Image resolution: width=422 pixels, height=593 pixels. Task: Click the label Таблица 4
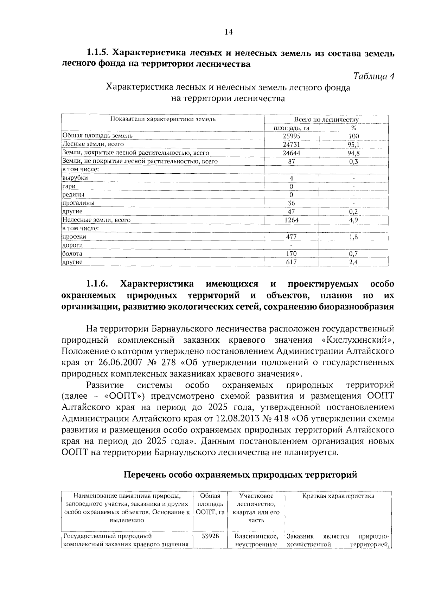[x=373, y=76]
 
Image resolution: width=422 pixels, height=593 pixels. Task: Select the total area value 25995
[x=292, y=136]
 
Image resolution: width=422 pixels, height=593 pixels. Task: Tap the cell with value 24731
[x=292, y=144]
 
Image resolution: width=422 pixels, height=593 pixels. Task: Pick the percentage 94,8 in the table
[x=353, y=153]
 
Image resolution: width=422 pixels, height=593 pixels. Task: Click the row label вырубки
[x=75, y=178]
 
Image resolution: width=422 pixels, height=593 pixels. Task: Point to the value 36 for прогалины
[x=292, y=203]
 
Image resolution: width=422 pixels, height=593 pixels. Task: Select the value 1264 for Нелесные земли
[x=292, y=220]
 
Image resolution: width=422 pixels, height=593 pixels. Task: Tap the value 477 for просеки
[x=292, y=237]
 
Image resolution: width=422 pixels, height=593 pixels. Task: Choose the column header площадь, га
[x=292, y=128]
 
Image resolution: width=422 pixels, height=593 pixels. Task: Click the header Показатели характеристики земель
[x=162, y=119]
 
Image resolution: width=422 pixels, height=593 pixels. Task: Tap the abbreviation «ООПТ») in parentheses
[x=125, y=397]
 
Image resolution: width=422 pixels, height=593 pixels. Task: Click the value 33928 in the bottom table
[x=210, y=536]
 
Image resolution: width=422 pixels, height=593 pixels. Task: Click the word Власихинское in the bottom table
[x=256, y=536]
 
